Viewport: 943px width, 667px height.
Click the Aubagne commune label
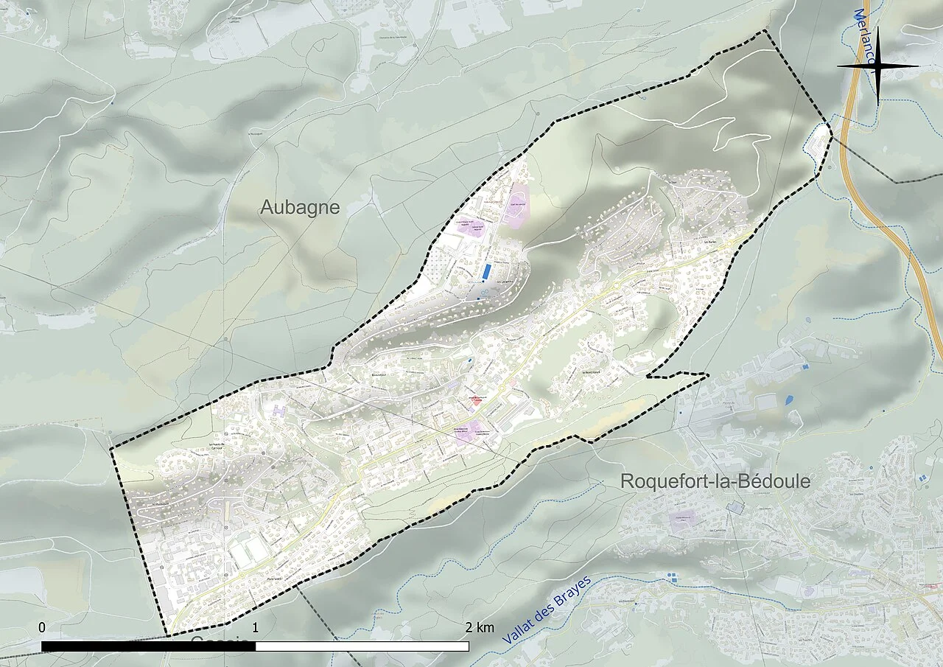300,208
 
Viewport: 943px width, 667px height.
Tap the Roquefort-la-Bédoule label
715,482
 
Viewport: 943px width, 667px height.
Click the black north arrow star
877,66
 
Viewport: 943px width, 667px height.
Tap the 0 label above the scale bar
42,627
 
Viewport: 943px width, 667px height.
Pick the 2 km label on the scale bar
480,628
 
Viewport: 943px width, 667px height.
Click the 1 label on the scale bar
256,628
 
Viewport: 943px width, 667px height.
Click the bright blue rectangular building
485,271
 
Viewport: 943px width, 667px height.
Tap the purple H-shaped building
279,408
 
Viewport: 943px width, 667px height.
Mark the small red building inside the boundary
477,401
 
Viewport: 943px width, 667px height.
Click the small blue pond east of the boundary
790,400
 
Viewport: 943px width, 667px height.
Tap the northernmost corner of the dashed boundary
764,31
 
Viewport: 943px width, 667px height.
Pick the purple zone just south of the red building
469,432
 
